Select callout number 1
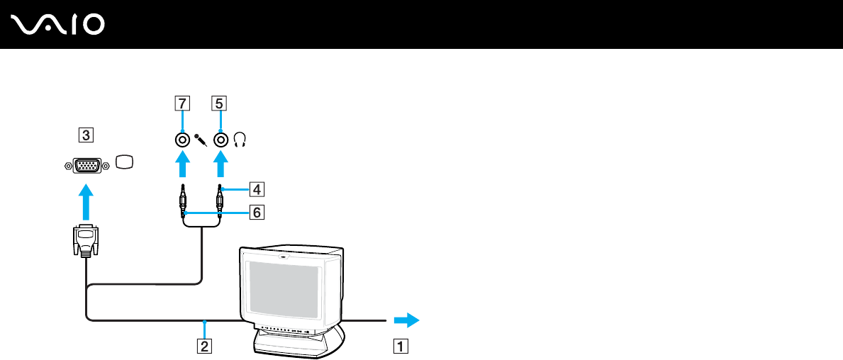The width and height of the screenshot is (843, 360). point(401,347)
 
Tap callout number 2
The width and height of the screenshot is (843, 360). point(204,347)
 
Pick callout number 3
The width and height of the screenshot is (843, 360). point(85,134)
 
